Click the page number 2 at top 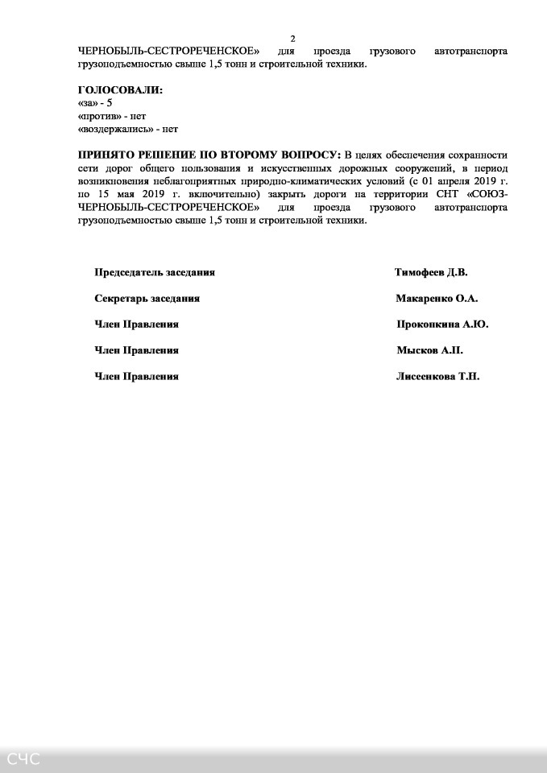pyautogui.click(x=293, y=38)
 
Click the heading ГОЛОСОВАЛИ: pyautogui.click(x=120, y=90)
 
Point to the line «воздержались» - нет pyautogui.click(x=127, y=128)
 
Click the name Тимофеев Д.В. pyautogui.click(x=430, y=272)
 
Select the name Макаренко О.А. pyautogui.click(x=437, y=298)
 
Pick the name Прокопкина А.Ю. pyautogui.click(x=442, y=324)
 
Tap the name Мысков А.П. pyautogui.click(x=429, y=350)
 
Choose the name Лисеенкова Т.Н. pyautogui.click(x=437, y=376)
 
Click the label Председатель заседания pyautogui.click(x=155, y=272)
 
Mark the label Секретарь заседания pyautogui.click(x=147, y=298)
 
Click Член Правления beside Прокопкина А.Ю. pyautogui.click(x=137, y=324)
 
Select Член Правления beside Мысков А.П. pyautogui.click(x=137, y=350)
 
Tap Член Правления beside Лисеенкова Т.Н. pyautogui.click(x=137, y=376)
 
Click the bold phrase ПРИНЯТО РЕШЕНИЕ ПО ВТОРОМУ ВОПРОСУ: pyautogui.click(x=209, y=155)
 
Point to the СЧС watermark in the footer pyautogui.click(x=24, y=759)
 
